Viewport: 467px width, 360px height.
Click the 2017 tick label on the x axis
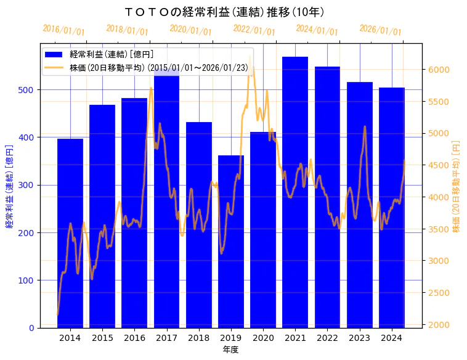166,338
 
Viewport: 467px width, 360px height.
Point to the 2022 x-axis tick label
327,338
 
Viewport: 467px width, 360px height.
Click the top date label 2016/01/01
63,30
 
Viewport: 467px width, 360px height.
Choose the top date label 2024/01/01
317,30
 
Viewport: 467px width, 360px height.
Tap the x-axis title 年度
230,350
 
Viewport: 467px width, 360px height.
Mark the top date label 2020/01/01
190,30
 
